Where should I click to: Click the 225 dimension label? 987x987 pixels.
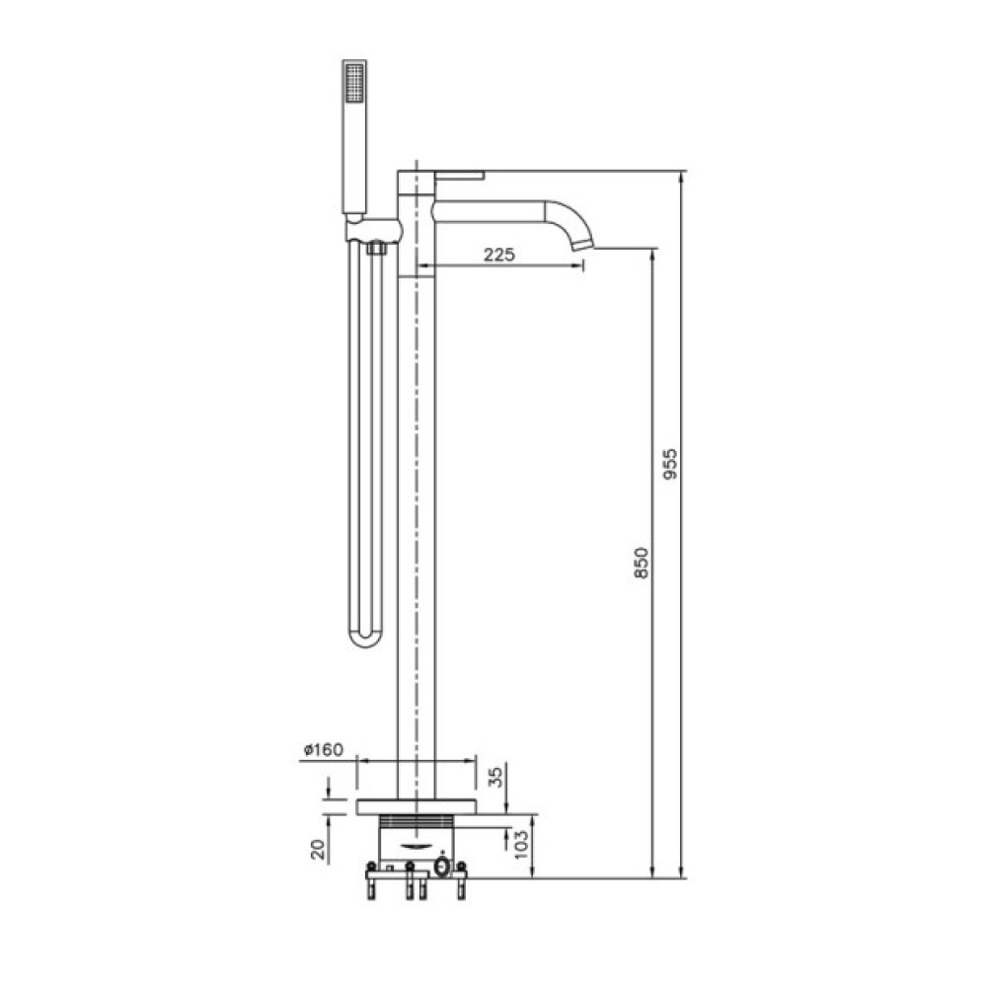[x=499, y=255]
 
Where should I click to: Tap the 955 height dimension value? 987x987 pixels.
[x=670, y=464]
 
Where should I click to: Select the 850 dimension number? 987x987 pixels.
[x=641, y=564]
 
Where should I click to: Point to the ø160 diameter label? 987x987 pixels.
[x=324, y=750]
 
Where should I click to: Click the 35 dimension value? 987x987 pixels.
[x=497, y=777]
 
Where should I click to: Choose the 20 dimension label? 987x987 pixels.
[x=319, y=849]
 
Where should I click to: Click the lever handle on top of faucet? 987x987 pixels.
[x=459, y=175]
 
